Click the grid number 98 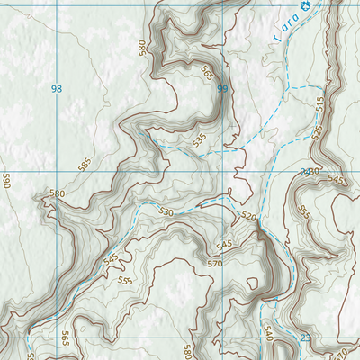(58, 88)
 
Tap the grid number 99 (222, 88)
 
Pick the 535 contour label (199, 139)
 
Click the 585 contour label (85, 164)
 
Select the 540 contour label (267, 334)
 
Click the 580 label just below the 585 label (58, 193)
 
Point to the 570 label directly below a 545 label (214, 263)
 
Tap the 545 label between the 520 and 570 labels (224, 245)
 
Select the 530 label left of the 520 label (165, 212)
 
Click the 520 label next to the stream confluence (248, 216)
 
